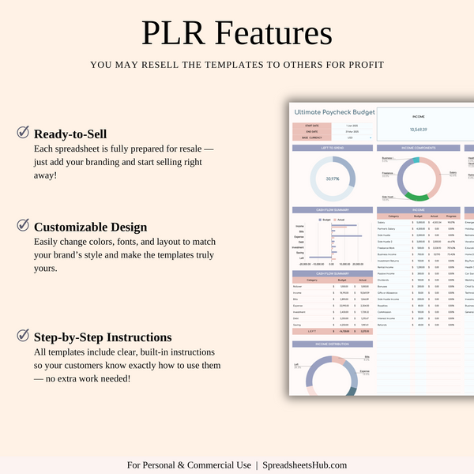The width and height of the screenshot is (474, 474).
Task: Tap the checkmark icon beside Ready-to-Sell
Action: coord(24,133)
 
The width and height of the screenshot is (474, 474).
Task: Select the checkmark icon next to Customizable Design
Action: coord(24,225)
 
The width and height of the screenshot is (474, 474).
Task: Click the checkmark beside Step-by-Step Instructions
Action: coord(24,336)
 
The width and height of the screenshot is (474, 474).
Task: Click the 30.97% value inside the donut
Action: coord(333,179)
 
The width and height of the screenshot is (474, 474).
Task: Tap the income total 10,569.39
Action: coord(419,129)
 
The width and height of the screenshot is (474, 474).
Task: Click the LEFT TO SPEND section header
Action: coord(333,148)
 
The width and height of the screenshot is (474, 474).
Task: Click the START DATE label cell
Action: coord(310,125)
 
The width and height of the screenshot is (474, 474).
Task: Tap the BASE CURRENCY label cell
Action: coord(310,137)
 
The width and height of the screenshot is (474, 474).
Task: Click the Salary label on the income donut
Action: coord(453,172)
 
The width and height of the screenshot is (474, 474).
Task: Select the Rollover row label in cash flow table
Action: coord(300,285)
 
